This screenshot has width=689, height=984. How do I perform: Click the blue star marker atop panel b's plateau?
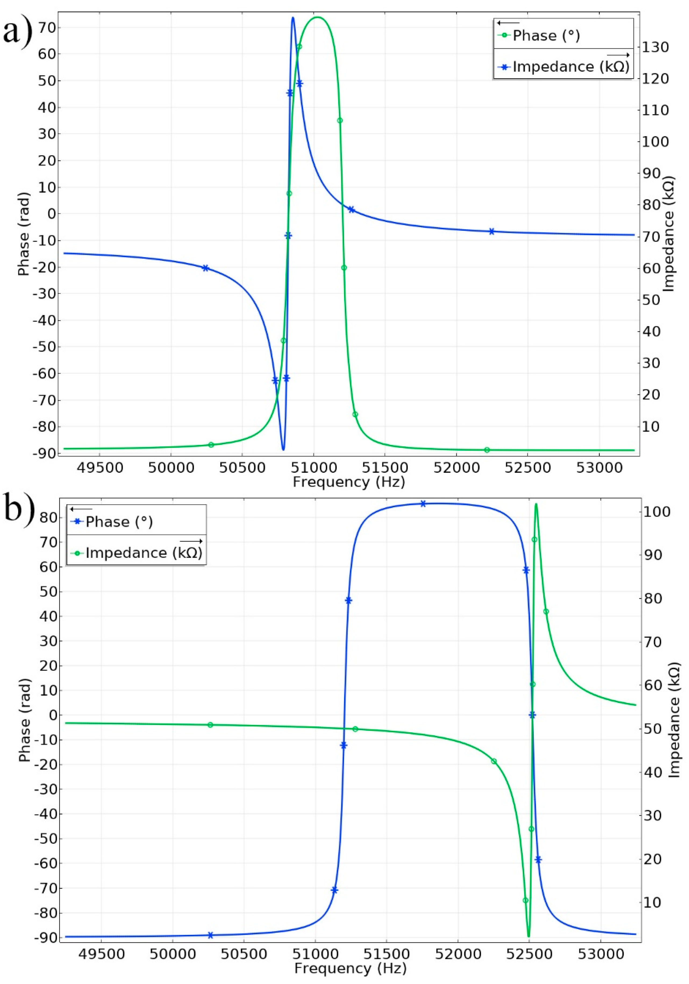point(423,504)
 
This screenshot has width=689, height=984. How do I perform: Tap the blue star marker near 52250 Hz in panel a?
point(491,232)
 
